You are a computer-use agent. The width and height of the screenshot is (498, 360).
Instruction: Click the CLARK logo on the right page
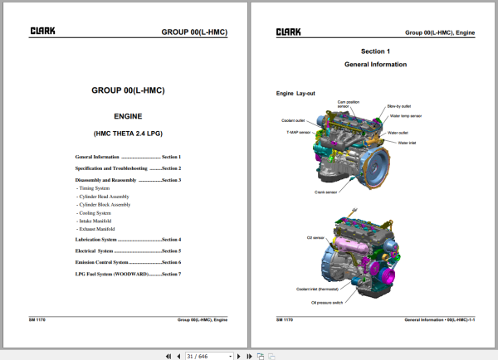(x=288, y=32)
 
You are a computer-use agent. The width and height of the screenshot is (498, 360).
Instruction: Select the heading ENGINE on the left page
(x=128, y=119)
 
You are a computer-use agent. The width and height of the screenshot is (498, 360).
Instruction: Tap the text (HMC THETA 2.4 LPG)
(x=128, y=134)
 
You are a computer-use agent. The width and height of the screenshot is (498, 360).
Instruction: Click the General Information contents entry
(x=128, y=157)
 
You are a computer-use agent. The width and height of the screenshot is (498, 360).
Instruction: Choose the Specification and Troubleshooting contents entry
(x=128, y=168)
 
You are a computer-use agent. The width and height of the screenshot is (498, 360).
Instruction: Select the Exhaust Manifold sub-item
(x=98, y=229)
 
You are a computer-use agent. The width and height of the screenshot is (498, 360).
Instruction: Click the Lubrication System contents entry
(x=128, y=240)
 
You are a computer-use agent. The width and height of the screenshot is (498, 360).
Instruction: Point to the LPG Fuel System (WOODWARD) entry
(x=128, y=274)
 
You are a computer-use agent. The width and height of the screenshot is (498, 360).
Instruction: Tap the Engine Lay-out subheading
(x=295, y=94)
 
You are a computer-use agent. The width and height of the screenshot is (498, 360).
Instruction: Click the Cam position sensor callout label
(x=349, y=104)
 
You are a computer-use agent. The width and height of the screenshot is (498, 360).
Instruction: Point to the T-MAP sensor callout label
(x=299, y=132)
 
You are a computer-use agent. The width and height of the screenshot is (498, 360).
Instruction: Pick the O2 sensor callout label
(x=315, y=237)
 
